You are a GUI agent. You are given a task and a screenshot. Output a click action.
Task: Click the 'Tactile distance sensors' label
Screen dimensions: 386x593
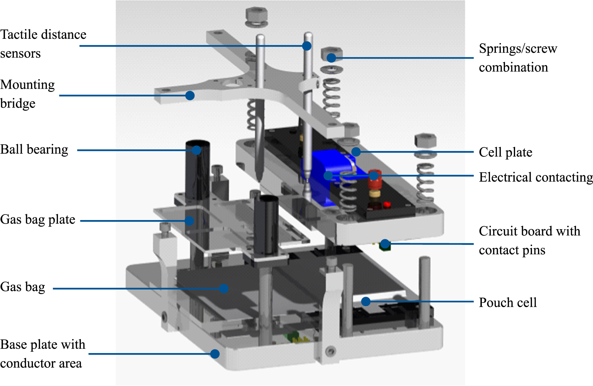click(x=43, y=44)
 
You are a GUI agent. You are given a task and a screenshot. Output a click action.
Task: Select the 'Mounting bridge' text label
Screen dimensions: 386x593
click(x=27, y=94)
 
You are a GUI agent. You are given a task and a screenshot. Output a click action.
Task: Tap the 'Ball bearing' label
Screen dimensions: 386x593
click(x=34, y=149)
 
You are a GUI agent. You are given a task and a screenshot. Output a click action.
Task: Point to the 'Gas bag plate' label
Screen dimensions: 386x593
click(x=38, y=219)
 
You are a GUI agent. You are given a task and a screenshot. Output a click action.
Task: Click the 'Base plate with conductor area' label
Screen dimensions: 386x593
click(x=43, y=354)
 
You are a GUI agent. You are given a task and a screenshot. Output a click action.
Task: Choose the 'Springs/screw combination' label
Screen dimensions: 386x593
click(x=518, y=58)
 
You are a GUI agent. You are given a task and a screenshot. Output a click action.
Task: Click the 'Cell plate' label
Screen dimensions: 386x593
click(x=505, y=152)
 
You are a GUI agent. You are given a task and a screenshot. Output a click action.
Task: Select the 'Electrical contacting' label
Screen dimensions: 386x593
click(x=536, y=177)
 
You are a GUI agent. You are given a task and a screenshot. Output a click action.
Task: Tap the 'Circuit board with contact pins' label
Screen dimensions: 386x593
click(x=529, y=240)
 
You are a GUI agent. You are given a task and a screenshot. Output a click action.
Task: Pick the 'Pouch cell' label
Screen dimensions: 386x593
click(x=508, y=302)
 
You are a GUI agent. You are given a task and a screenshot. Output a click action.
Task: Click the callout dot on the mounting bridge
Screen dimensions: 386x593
click(x=190, y=96)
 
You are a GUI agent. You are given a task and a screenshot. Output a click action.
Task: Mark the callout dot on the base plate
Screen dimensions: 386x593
click(x=215, y=354)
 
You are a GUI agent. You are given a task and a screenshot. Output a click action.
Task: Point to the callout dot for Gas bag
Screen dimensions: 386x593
click(x=224, y=289)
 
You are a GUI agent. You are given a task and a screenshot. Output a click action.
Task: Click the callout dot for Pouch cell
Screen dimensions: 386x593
click(x=366, y=302)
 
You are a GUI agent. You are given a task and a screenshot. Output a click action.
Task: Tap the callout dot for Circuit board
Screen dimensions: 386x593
click(x=385, y=244)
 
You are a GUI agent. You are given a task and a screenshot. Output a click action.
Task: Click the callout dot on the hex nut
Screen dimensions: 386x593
click(x=331, y=58)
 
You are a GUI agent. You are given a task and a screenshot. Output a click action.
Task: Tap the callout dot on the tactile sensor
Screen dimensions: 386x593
click(x=306, y=46)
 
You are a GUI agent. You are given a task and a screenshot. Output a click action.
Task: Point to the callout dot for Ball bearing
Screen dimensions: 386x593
click(x=196, y=150)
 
